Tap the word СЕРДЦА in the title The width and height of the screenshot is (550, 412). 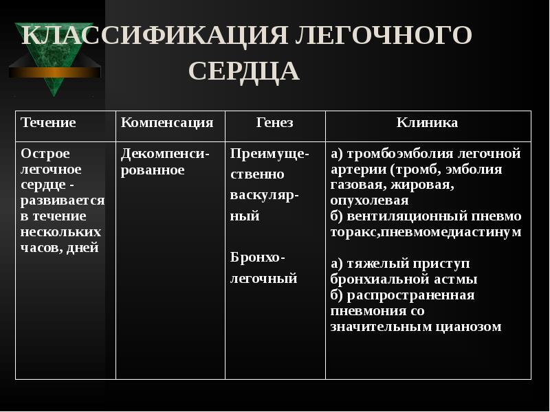click(243, 71)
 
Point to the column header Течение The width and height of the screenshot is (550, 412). click(48, 123)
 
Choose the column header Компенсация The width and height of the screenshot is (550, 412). click(167, 123)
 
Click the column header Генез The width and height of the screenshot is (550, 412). click(274, 123)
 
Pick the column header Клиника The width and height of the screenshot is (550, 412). click(427, 123)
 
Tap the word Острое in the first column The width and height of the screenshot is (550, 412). click(45, 153)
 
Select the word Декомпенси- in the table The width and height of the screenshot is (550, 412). click(165, 153)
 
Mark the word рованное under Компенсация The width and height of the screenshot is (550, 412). click(153, 170)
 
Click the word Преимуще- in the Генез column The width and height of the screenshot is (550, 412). click(269, 153)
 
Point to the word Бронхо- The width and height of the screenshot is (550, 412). click(258, 257)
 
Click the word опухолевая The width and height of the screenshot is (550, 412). click(369, 201)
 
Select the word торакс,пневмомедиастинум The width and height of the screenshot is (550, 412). click(426, 232)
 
